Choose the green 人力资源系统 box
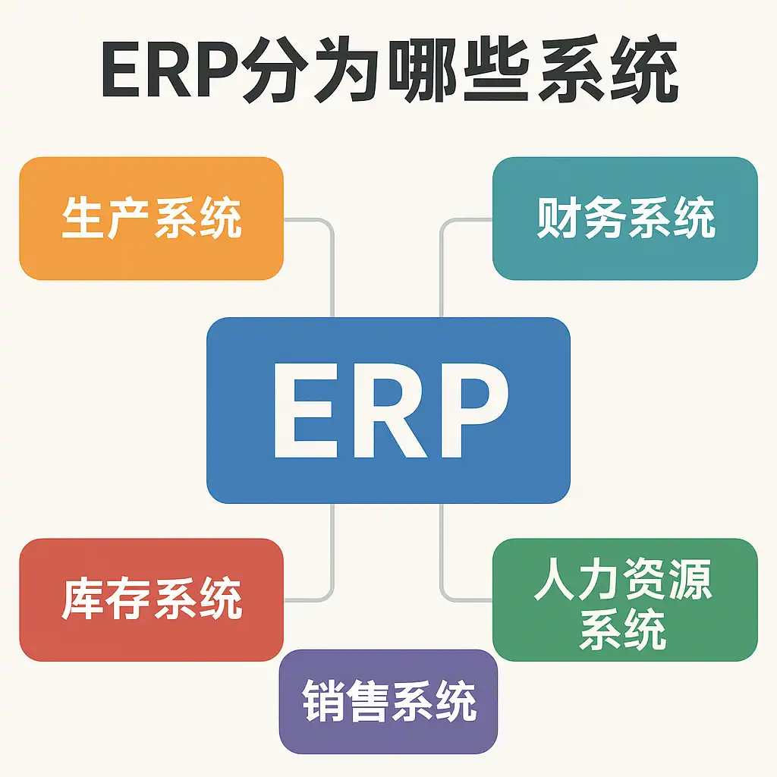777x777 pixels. (624, 599)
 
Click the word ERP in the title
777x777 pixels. (168, 74)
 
